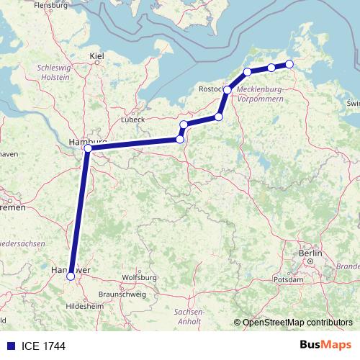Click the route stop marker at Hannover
click(71, 276)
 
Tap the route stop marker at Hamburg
click(87, 149)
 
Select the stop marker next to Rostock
click(228, 90)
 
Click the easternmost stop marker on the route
click(289, 64)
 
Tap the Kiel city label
click(96, 55)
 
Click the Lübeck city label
click(134, 119)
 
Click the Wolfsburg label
click(140, 277)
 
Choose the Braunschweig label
click(122, 294)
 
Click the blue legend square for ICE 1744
click(9, 346)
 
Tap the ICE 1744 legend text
click(42, 346)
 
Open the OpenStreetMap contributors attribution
click(297, 322)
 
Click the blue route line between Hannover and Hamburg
click(79, 212)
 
